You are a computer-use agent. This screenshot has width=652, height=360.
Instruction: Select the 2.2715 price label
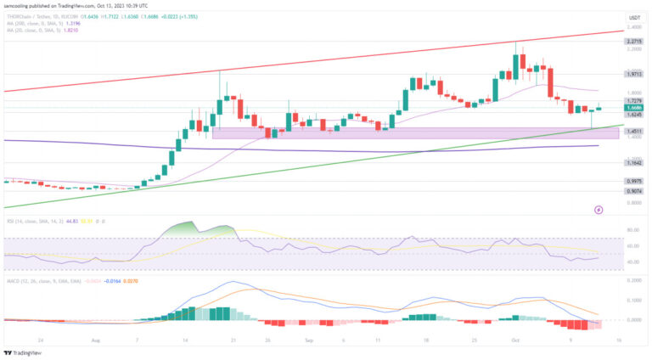(x=633, y=41)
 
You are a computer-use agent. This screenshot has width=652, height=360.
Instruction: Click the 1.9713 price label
(x=633, y=74)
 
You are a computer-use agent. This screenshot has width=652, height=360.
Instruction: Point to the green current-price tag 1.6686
(x=633, y=108)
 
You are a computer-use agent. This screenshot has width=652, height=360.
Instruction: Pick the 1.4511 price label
(x=633, y=132)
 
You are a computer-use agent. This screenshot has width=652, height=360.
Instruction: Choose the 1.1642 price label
(x=633, y=162)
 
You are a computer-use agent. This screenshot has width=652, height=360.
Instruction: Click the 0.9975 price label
(x=633, y=181)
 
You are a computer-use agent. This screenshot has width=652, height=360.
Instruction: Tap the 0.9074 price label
(x=633, y=191)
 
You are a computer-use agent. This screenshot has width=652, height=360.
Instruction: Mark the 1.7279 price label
(x=633, y=101)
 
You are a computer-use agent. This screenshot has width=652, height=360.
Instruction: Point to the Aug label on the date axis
(x=95, y=337)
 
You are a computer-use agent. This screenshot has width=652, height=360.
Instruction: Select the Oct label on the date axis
(x=515, y=337)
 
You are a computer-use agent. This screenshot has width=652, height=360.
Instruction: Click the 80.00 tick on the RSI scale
(x=632, y=229)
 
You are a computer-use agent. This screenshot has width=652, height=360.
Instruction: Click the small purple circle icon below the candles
(x=599, y=208)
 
